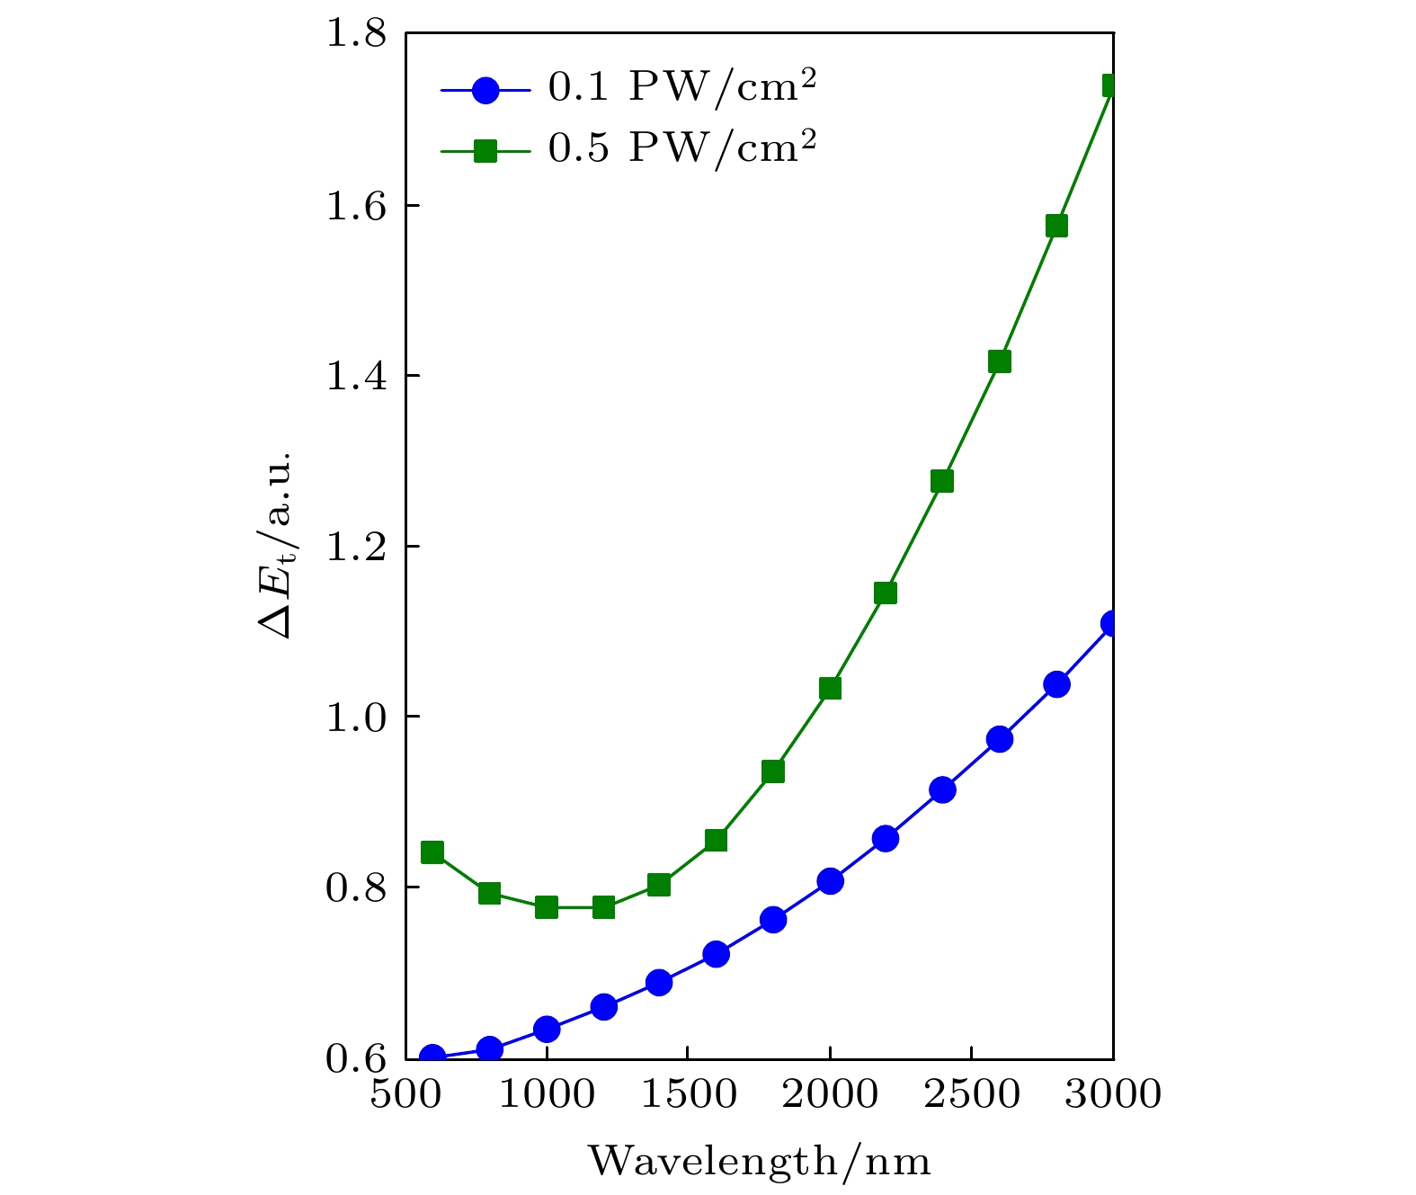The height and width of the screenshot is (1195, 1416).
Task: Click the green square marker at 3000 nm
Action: click(x=1111, y=85)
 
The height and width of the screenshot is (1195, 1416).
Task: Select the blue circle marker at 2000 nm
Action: click(x=830, y=880)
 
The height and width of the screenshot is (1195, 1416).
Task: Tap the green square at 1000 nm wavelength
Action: click(x=547, y=906)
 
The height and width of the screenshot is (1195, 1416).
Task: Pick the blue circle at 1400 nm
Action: click(x=659, y=982)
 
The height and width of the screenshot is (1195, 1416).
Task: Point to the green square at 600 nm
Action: click(x=432, y=852)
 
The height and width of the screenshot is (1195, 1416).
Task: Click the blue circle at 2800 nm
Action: click(x=1057, y=684)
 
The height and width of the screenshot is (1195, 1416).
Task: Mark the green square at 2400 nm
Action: click(x=942, y=481)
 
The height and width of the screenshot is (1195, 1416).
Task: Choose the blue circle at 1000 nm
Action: click(x=547, y=1029)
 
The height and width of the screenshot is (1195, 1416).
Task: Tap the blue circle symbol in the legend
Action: click(x=485, y=90)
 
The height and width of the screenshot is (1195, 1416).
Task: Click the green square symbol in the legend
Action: click(x=485, y=151)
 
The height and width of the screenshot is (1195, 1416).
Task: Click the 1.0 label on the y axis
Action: click(x=356, y=717)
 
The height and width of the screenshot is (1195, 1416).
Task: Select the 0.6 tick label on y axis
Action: click(x=356, y=1058)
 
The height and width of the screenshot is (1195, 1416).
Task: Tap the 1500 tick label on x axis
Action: click(x=688, y=1095)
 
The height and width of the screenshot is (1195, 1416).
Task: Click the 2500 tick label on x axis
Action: click(x=972, y=1095)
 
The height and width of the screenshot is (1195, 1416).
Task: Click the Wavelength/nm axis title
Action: click(x=760, y=1162)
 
